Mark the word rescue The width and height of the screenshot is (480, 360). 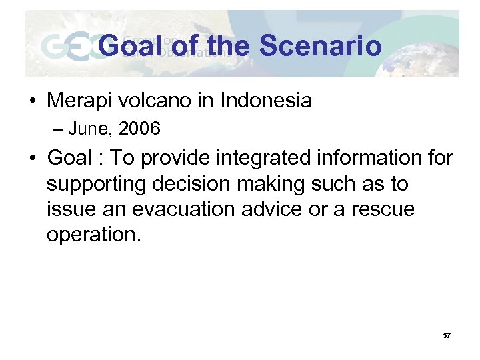pyautogui.click(x=383, y=210)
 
